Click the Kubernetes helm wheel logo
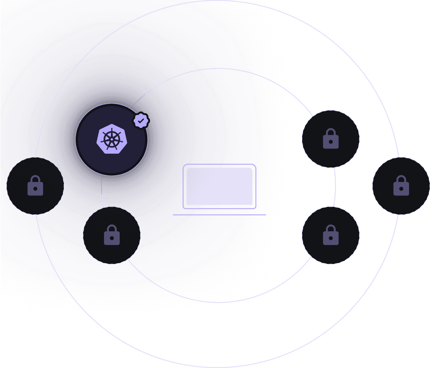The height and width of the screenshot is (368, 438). click(112, 139)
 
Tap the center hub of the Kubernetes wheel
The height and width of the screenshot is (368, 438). click(112, 139)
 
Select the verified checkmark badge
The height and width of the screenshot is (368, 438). click(141, 121)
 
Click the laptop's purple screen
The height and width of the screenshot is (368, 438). click(219, 186)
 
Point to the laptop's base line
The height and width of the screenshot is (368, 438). click(219, 215)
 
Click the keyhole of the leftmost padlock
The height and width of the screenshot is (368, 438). click(35, 189)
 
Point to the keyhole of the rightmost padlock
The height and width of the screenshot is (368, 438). click(401, 189)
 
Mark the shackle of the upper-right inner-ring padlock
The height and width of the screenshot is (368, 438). click(331, 132)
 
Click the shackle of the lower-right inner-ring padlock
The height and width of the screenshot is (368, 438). click(331, 228)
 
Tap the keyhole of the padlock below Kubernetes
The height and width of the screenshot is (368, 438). click(112, 238)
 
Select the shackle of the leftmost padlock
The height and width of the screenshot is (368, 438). click(35, 179)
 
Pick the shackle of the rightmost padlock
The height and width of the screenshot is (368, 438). click(401, 179)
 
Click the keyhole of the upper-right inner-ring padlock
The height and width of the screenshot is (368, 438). click(331, 142)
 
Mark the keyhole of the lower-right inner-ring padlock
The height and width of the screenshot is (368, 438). click(331, 238)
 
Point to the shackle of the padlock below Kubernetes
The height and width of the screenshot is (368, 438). click(112, 228)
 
